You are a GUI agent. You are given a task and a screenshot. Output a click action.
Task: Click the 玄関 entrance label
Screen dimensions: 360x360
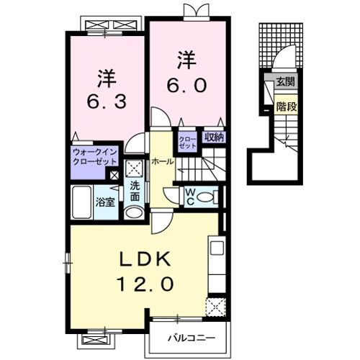coord(285,82)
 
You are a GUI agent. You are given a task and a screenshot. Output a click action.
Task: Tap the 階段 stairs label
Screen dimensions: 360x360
coord(287,107)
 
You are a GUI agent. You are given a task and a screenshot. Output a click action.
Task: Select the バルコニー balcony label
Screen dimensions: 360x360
coord(192,338)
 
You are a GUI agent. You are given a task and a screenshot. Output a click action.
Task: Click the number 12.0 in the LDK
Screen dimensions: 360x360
coord(145,284)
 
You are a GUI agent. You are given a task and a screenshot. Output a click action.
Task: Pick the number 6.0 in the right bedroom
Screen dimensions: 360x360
coord(186,86)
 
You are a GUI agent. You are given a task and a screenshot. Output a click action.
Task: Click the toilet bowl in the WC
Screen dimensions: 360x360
coord(204,198)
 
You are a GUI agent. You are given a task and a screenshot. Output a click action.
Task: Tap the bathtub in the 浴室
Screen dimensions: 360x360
coord(81,202)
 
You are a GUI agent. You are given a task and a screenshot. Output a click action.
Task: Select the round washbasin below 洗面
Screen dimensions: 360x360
coord(134,212)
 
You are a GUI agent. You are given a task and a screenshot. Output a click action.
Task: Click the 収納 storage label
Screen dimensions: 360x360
coord(214,138)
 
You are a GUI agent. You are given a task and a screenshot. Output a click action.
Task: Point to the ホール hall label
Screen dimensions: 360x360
coord(163,161)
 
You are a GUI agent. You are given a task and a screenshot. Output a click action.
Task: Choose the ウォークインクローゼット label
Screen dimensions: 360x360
coord(95,156)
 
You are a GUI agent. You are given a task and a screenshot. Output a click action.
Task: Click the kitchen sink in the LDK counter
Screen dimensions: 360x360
coord(217,248)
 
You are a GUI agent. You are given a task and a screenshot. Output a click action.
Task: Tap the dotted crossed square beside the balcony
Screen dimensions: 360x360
coord(216,307)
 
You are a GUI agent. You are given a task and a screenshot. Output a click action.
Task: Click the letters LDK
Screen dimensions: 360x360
coord(145,260)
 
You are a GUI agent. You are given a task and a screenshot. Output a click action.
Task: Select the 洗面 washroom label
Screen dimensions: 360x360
coord(135,192)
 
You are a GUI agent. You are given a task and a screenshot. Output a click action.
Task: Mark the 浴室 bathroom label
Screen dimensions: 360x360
coord(105,202)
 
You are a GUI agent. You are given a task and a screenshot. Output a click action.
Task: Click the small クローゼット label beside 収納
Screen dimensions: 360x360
coord(187,143)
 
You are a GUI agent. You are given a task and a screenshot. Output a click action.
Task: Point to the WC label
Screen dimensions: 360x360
coord(190,197)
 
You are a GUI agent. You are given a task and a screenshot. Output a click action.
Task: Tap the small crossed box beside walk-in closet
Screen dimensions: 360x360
coord(114,176)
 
